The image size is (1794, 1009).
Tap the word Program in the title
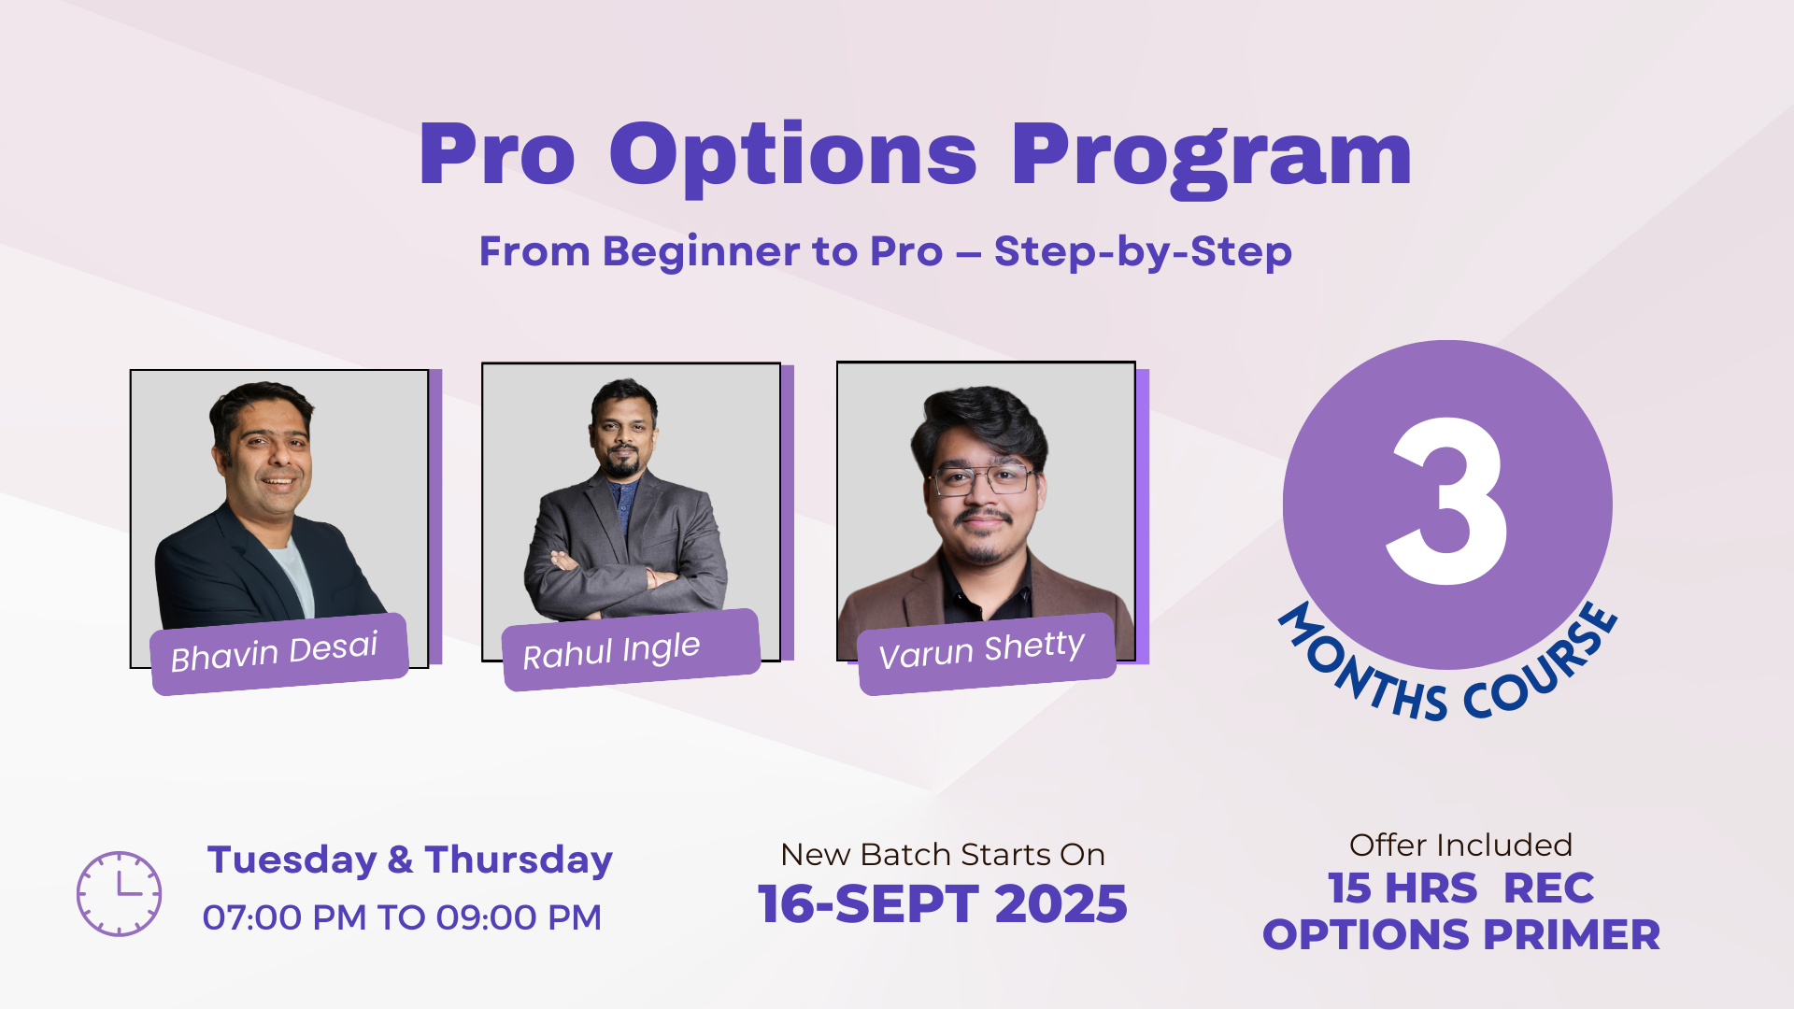click(1211, 155)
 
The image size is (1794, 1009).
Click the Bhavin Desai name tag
click(278, 652)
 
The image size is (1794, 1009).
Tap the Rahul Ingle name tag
click(629, 650)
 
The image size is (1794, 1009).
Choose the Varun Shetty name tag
click(984, 652)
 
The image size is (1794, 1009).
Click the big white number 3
click(1446, 502)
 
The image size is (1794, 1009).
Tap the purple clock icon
click(119, 893)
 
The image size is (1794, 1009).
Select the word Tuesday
click(292, 860)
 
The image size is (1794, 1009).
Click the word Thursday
click(519, 860)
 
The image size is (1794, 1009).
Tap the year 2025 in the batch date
click(1061, 904)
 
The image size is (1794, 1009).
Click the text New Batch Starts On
click(942, 854)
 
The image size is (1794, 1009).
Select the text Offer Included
click(1460, 845)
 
